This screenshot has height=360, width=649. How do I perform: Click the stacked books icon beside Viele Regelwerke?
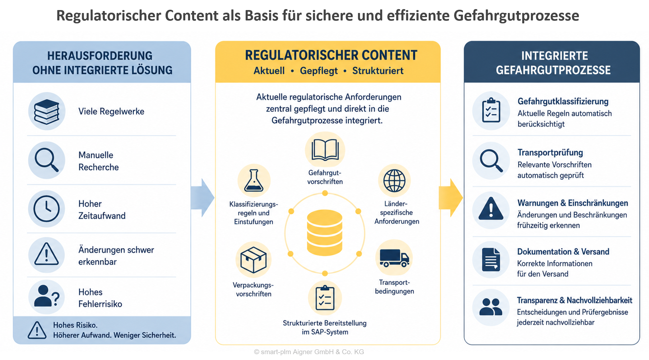coord(47,112)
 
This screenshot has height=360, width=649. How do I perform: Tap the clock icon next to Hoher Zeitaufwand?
coord(47,209)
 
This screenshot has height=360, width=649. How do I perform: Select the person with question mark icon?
coord(47,296)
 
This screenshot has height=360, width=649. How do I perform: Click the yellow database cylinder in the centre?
coord(324,232)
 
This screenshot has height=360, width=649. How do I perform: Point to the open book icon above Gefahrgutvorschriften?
coord(325,150)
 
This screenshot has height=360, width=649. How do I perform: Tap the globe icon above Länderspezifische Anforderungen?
coord(394,180)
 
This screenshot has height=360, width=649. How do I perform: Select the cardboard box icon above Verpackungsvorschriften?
coord(253,260)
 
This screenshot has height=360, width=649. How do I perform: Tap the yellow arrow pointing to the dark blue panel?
coord(451,197)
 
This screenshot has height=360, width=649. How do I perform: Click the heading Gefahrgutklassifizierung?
coord(563,101)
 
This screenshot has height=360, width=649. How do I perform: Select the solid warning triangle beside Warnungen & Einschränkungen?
coord(491,208)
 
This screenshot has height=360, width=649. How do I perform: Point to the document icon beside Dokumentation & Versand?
coord(491,259)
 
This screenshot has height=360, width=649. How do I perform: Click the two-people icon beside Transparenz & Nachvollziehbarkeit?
coord(491,307)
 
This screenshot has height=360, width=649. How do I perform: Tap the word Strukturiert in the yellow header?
coord(378,71)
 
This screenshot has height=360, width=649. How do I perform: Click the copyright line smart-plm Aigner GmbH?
coord(309,352)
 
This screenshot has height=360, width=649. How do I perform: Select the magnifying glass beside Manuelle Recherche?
coord(47,160)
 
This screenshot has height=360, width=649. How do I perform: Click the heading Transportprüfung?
coord(550,153)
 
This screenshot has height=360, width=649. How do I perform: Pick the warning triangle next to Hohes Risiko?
coord(37,330)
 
